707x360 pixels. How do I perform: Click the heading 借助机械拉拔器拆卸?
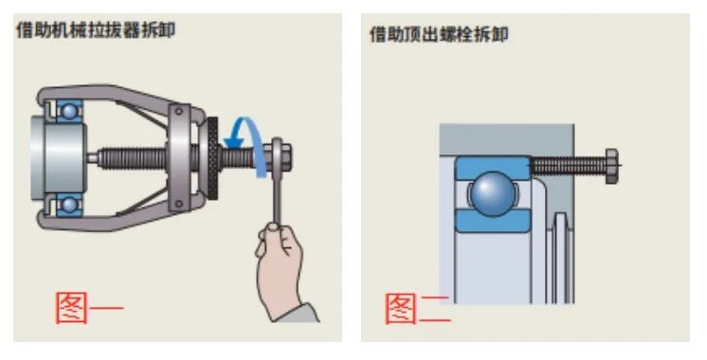pyautogui.click(x=96, y=30)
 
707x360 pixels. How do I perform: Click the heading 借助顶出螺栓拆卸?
pyautogui.click(x=439, y=34)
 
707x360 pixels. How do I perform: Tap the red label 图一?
pyautogui.click(x=89, y=308)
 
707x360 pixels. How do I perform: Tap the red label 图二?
pyautogui.click(x=418, y=309)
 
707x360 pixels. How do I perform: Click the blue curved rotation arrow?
pyautogui.click(x=252, y=135)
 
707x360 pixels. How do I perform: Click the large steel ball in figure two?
pyautogui.click(x=493, y=194)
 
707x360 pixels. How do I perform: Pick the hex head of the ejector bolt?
pyautogui.click(x=611, y=166)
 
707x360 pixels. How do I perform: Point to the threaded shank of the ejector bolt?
pyautogui.click(x=568, y=166)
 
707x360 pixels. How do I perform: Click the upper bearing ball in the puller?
pyautogui.click(x=69, y=111)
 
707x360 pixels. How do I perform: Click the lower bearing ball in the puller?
pyautogui.click(x=69, y=205)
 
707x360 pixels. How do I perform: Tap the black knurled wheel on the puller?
pyautogui.click(x=212, y=157)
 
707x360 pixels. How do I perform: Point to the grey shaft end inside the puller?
pyautogui.click(x=59, y=157)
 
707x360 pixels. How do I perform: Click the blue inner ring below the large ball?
pyautogui.click(x=493, y=221)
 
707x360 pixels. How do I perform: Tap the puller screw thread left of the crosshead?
pyautogui.click(x=133, y=158)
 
